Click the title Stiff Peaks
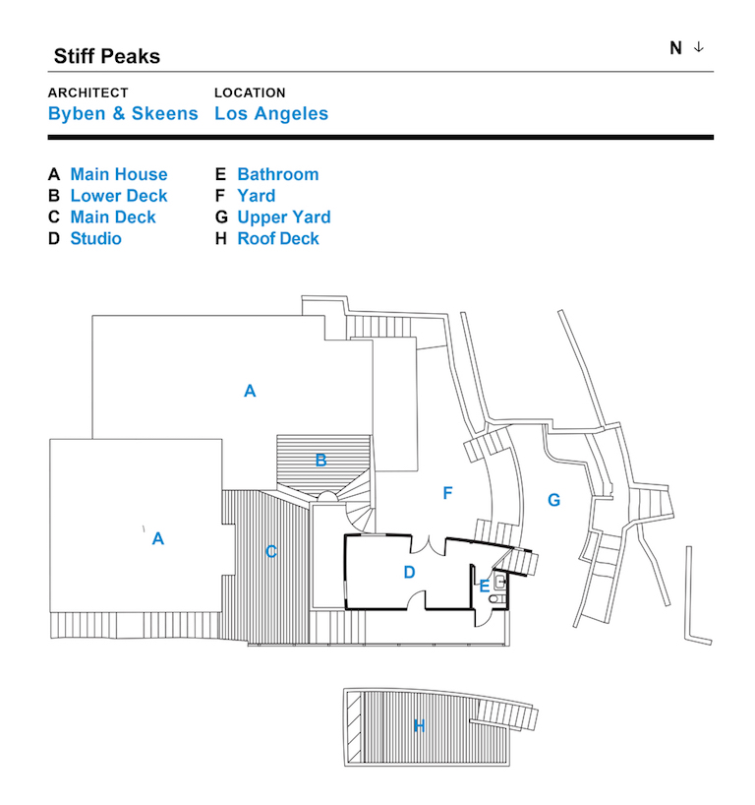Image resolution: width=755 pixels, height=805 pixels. tap(107, 56)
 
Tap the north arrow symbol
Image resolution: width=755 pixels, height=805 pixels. tap(699, 47)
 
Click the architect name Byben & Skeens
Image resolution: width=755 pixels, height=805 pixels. tap(123, 113)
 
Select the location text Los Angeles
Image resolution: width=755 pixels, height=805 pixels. tap(271, 113)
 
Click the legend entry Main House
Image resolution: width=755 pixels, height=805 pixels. tap(119, 174)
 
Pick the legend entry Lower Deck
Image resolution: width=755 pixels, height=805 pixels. tap(119, 196)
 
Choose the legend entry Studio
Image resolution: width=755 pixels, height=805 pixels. tap(96, 238)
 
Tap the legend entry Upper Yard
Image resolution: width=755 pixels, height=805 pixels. tap(284, 217)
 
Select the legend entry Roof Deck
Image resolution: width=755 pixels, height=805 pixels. tap(278, 238)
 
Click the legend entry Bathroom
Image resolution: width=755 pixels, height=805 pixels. tap(278, 174)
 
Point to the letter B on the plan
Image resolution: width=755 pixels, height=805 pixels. tap(321, 460)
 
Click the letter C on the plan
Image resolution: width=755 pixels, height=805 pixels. tap(271, 551)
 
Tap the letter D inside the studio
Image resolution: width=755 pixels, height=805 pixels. tap(409, 572)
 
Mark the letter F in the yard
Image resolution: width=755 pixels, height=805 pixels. tap(447, 493)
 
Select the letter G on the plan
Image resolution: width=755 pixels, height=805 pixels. tap(553, 500)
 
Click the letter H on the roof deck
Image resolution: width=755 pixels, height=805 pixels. tap(419, 725)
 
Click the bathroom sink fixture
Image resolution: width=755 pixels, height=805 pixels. tap(500, 583)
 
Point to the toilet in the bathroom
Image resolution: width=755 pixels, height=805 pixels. tap(496, 598)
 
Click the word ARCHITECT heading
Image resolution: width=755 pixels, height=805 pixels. tap(88, 93)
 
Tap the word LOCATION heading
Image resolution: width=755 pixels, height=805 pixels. tap(250, 93)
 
